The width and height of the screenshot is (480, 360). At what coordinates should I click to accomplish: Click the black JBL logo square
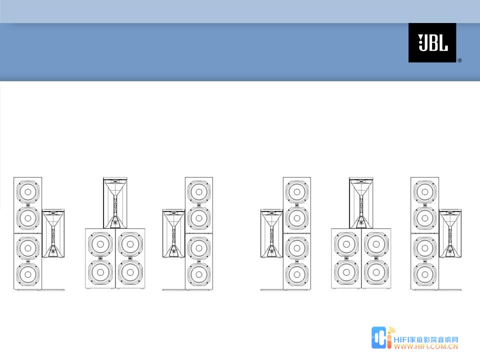tap(432, 42)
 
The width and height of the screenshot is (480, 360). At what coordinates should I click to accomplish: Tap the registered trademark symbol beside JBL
tap(459, 60)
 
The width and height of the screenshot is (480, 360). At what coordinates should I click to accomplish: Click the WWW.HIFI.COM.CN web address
tap(426, 346)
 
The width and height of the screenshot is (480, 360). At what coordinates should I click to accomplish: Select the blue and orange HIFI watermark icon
tap(382, 338)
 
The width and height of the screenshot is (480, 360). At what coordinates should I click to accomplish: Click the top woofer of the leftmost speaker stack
tap(28, 192)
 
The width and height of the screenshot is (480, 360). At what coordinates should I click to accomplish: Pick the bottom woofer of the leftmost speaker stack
tap(28, 274)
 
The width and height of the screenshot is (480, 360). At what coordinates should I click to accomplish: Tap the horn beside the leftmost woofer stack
tap(53, 233)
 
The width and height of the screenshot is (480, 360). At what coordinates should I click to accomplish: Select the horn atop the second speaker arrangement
tap(115, 202)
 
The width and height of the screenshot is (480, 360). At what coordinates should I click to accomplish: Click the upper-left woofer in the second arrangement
tap(100, 244)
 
